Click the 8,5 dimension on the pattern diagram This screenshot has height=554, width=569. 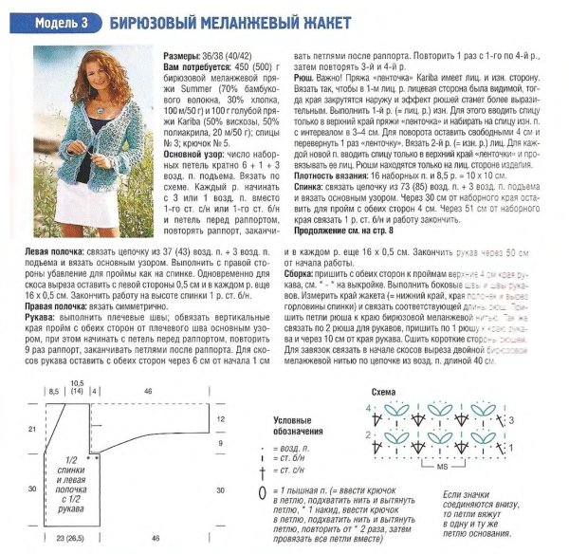pos(54,390)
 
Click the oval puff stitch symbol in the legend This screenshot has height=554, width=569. pos(263,495)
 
